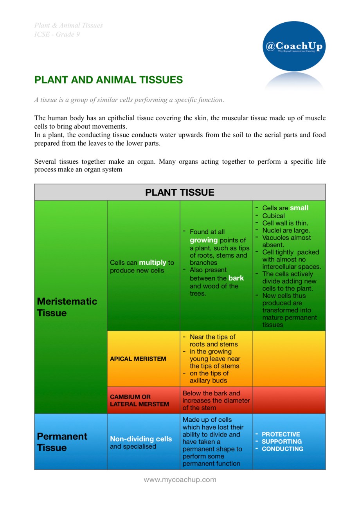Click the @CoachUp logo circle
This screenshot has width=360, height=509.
point(294,47)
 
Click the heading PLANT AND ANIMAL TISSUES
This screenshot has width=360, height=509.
point(108,80)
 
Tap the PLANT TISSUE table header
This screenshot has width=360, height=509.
point(180,192)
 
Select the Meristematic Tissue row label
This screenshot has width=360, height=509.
point(67,307)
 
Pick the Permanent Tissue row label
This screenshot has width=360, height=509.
point(62,442)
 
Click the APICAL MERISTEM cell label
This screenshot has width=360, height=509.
point(138,359)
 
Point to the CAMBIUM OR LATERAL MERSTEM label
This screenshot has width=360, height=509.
point(139,400)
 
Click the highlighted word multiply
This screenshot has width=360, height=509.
point(152,262)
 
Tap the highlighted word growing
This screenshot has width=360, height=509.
point(203,240)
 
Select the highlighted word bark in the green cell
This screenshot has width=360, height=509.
point(236,278)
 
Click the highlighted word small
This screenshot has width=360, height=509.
point(299,208)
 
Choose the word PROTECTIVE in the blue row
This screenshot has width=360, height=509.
point(281,434)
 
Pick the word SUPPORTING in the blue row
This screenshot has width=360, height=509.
point(281,441)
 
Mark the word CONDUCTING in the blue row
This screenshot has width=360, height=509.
point(282,449)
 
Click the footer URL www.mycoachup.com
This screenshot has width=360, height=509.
point(180,479)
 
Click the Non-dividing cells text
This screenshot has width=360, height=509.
point(140,439)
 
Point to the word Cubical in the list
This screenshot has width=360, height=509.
point(274,216)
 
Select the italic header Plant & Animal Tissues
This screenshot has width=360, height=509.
point(68,25)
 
